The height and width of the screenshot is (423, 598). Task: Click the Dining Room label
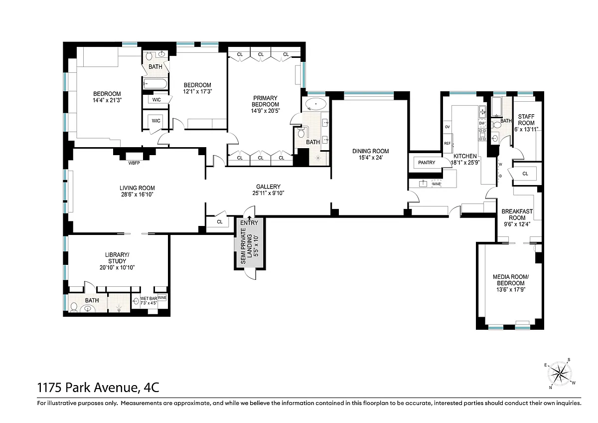[x=371, y=151]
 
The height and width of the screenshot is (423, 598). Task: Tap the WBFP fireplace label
[x=134, y=163]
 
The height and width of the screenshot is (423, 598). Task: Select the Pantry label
[x=427, y=163]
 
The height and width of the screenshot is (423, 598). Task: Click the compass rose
[x=560, y=374]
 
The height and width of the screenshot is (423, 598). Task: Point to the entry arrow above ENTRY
[x=249, y=218]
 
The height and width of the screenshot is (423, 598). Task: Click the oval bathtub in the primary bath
[x=316, y=104]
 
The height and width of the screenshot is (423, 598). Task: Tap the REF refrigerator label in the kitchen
[x=448, y=144]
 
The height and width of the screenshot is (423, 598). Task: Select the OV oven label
[x=448, y=127]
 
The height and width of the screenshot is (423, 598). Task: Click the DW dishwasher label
[x=482, y=123]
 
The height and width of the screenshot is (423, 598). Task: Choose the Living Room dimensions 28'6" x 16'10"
[x=137, y=195]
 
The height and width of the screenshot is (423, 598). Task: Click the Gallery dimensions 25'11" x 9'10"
[x=268, y=193]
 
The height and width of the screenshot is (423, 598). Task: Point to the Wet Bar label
[x=149, y=298]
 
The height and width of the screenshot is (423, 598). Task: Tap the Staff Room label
[x=526, y=120]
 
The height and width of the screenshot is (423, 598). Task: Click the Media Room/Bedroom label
[x=511, y=280]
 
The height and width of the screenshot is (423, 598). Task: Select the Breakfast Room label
[x=517, y=214]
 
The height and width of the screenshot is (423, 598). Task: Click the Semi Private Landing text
[x=246, y=246]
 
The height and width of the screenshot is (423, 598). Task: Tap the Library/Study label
[x=117, y=258]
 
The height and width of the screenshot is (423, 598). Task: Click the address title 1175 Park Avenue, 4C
[x=98, y=388]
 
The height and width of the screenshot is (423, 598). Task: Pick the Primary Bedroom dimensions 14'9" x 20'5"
[x=265, y=111]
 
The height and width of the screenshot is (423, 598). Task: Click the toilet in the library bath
[x=74, y=307]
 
